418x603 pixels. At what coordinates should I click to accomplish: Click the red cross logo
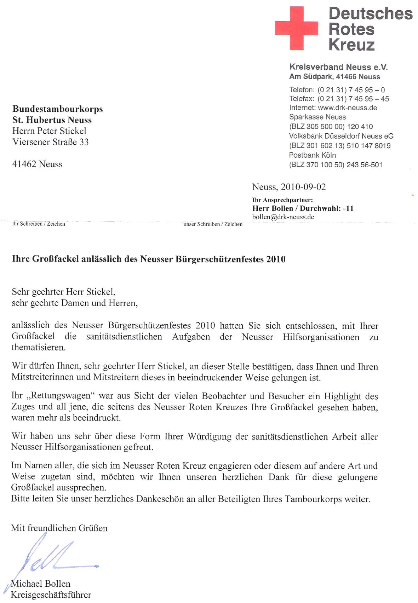point(296,28)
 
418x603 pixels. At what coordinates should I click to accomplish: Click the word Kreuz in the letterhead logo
point(351,45)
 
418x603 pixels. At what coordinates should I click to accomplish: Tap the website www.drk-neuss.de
point(348,108)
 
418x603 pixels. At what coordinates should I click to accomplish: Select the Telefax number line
point(339,99)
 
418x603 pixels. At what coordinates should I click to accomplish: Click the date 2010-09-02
point(303,187)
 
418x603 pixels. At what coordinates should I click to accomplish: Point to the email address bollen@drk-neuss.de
point(283,217)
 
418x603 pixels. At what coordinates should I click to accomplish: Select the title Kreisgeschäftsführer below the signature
point(51,595)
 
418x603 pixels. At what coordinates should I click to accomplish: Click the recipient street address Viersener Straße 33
point(50,142)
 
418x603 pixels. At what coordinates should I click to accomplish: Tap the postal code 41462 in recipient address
point(24,164)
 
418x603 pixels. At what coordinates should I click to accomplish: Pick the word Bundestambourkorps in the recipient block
point(58,109)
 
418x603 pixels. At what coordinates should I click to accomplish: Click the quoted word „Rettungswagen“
point(60,396)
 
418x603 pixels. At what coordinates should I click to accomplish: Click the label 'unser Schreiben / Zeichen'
point(213,224)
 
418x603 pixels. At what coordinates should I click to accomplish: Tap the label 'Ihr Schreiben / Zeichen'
point(39,224)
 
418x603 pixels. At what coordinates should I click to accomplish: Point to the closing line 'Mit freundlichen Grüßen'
point(59,528)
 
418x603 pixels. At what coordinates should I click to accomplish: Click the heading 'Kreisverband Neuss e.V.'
point(338,67)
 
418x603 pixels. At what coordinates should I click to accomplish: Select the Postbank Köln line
point(312,155)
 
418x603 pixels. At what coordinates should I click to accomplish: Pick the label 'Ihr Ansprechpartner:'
point(282,200)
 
